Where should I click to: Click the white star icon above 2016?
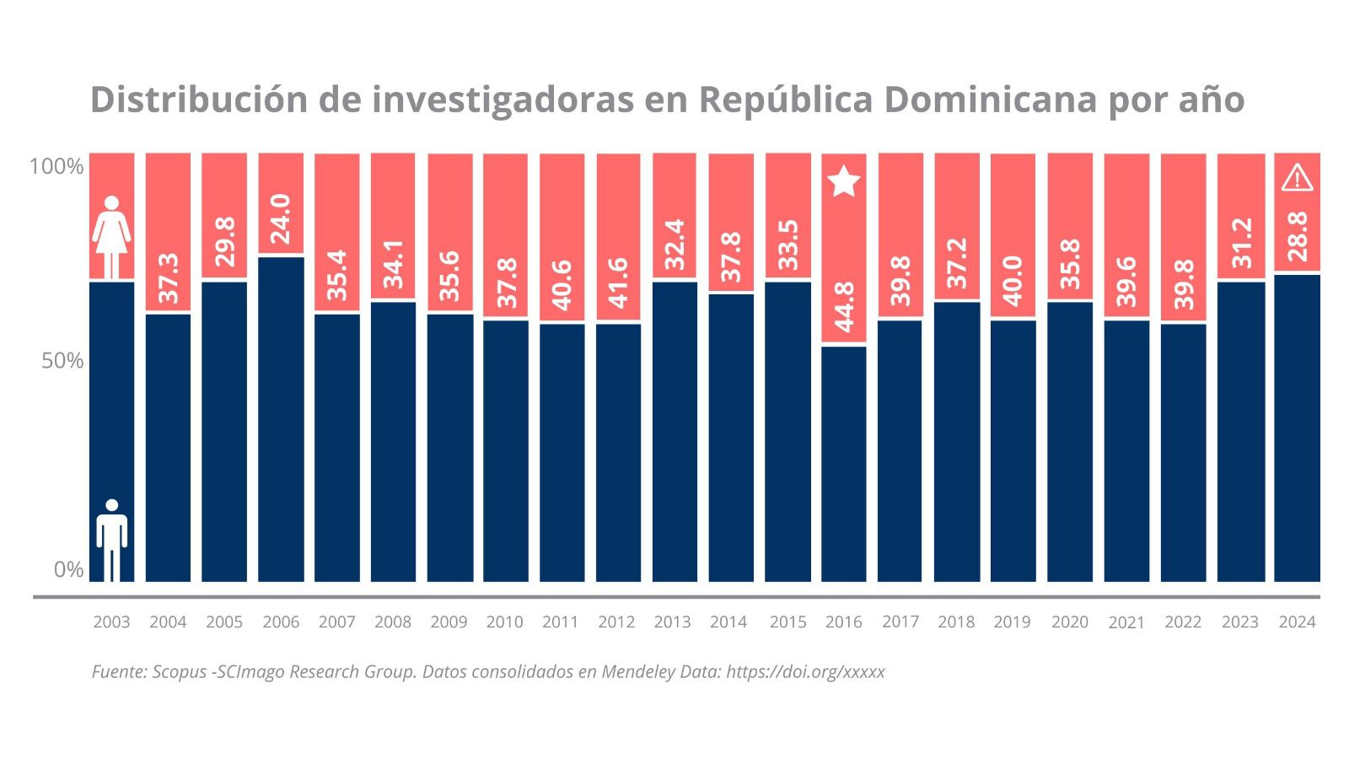tap(844, 181)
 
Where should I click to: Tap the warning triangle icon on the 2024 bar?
tap(1297, 178)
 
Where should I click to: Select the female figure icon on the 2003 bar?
tap(111, 237)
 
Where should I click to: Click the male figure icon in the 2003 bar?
tap(111, 540)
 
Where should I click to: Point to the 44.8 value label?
tap(844, 307)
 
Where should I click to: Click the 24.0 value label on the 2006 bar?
tap(281, 218)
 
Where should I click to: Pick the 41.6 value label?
tap(617, 283)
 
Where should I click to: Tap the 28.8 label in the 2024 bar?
tap(1297, 237)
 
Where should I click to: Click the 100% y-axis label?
tap(56, 166)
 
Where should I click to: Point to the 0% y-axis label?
tap(68, 570)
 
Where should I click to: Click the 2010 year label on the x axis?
tap(504, 622)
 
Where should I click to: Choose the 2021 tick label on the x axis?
tap(1126, 623)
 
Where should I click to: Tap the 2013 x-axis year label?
tap(672, 622)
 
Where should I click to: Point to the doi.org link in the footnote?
tap(805, 672)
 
